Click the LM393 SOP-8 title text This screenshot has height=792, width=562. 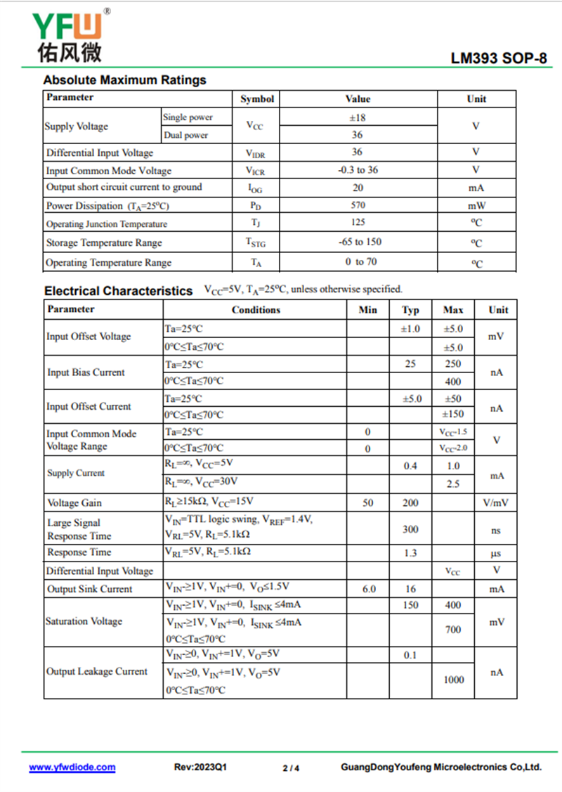(x=499, y=59)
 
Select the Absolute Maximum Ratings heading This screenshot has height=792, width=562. (x=125, y=80)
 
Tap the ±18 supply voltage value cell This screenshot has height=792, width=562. (x=358, y=117)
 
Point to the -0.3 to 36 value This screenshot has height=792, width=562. (x=358, y=170)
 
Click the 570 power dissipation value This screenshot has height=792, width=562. (x=358, y=206)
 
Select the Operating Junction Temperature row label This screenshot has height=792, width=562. (x=107, y=224)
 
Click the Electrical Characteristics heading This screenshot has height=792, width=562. (x=118, y=290)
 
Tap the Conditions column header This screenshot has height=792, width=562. (x=256, y=310)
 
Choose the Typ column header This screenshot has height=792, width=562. (x=411, y=310)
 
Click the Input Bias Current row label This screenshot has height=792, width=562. (x=86, y=372)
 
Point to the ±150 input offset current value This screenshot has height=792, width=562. (x=453, y=415)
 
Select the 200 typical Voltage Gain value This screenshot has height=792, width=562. (x=411, y=502)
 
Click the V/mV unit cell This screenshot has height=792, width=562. (x=496, y=502)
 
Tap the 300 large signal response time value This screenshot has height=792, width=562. (x=411, y=529)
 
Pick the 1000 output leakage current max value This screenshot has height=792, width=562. (x=454, y=680)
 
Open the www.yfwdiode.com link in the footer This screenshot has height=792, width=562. (x=72, y=767)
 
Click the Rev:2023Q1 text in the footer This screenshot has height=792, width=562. (x=200, y=767)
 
